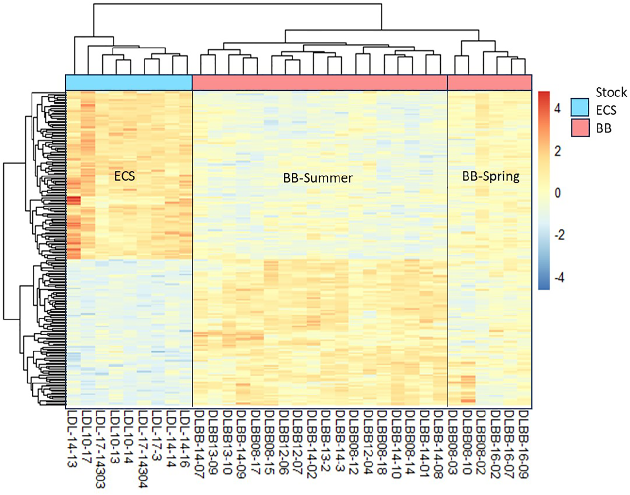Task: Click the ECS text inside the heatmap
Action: click(125, 176)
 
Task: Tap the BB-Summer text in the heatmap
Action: click(318, 178)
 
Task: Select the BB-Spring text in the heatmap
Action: click(491, 176)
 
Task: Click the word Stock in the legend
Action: click(611, 92)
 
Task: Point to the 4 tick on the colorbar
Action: click(557, 109)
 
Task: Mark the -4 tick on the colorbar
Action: click(559, 278)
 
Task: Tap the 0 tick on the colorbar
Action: click(557, 193)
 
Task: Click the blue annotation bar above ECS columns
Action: click(129, 82)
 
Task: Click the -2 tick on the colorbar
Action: click(559, 235)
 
